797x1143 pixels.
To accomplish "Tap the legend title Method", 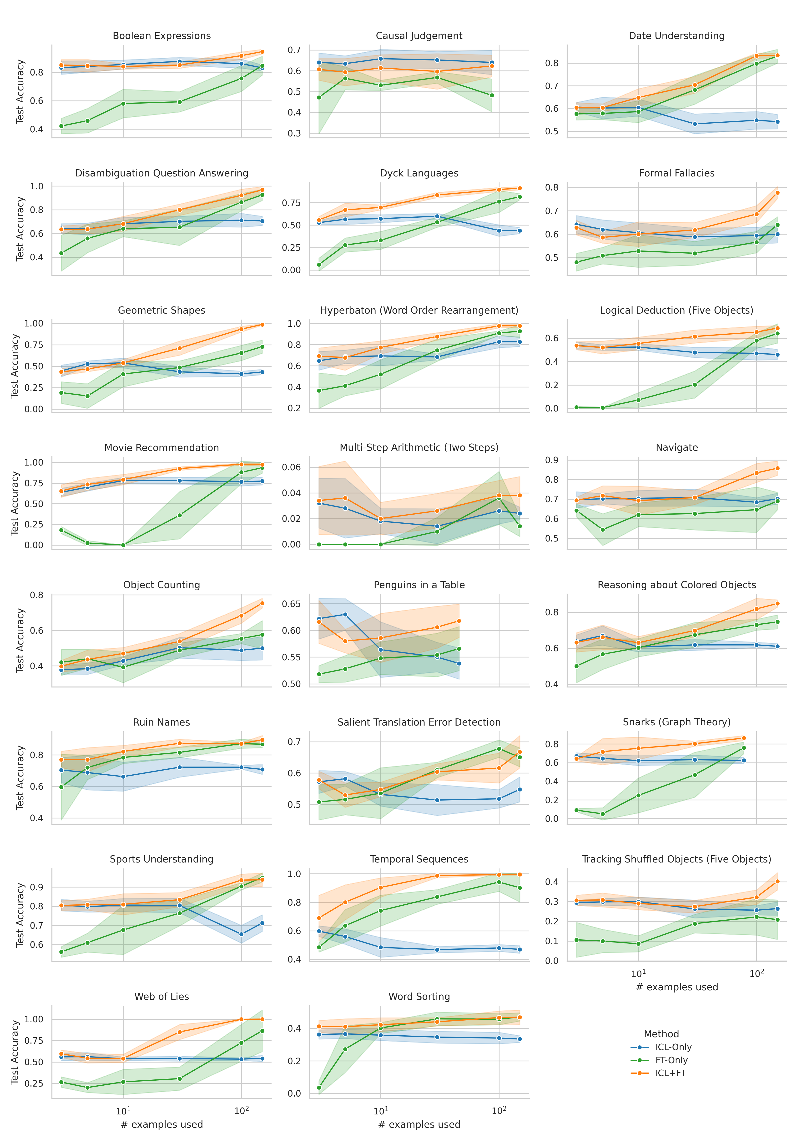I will click(661, 1033).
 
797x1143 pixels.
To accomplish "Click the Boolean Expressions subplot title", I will click(162, 36).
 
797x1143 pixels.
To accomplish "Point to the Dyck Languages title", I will click(419, 173).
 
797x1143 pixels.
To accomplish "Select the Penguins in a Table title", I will click(419, 585).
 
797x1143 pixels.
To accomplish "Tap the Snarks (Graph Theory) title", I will click(676, 722).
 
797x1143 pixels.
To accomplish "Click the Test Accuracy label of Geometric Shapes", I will click(15, 366).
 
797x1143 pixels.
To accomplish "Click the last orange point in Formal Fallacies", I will click(777, 193).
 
